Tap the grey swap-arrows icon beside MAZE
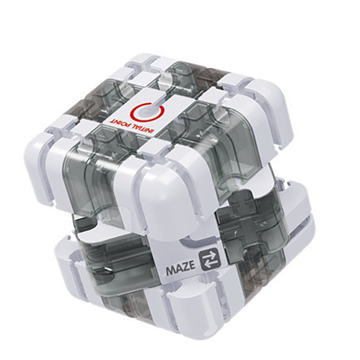[x=209, y=260]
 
